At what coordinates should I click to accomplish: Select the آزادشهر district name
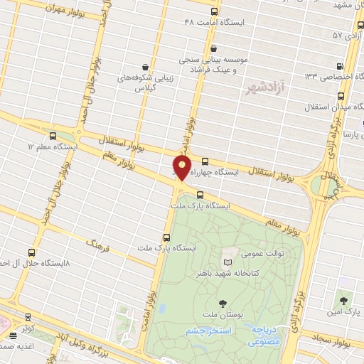(x=264, y=87)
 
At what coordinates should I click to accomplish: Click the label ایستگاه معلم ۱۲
(x=51, y=146)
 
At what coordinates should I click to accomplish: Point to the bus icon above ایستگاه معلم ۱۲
(x=53, y=136)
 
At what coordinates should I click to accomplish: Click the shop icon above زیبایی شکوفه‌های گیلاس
(x=145, y=65)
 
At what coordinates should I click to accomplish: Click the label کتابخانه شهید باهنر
(x=227, y=273)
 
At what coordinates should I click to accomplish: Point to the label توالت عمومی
(x=261, y=254)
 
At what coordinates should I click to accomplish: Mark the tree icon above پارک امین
(x=344, y=301)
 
